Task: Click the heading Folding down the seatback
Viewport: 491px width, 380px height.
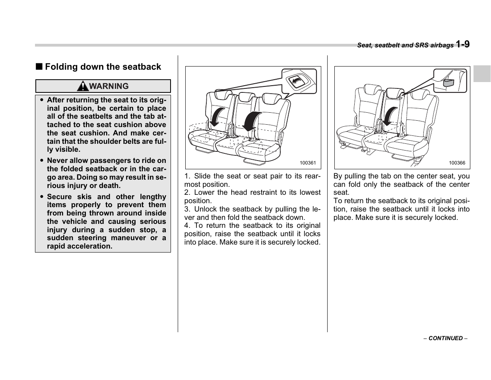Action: coord(103,67)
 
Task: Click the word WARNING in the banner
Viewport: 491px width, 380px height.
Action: coord(108,86)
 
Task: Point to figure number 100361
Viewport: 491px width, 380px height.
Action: coord(307,163)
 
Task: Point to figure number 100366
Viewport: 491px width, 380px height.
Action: coord(457,163)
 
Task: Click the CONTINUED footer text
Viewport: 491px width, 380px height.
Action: coord(445,338)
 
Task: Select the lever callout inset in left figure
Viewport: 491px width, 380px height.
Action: coord(299,81)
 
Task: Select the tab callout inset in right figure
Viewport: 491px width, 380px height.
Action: coord(450,81)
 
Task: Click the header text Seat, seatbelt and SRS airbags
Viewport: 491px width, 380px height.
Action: coord(405,45)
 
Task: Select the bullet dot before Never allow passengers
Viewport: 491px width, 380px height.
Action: coord(41,161)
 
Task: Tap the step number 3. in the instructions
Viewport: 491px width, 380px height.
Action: coord(187,209)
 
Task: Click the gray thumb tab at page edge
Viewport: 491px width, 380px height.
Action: coord(482,74)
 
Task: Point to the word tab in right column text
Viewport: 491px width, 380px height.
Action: coord(378,176)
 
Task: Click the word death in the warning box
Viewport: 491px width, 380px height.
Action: coord(109,186)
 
